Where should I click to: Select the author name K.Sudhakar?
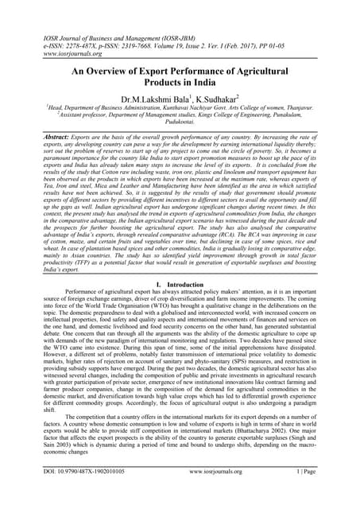pos(219,99)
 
